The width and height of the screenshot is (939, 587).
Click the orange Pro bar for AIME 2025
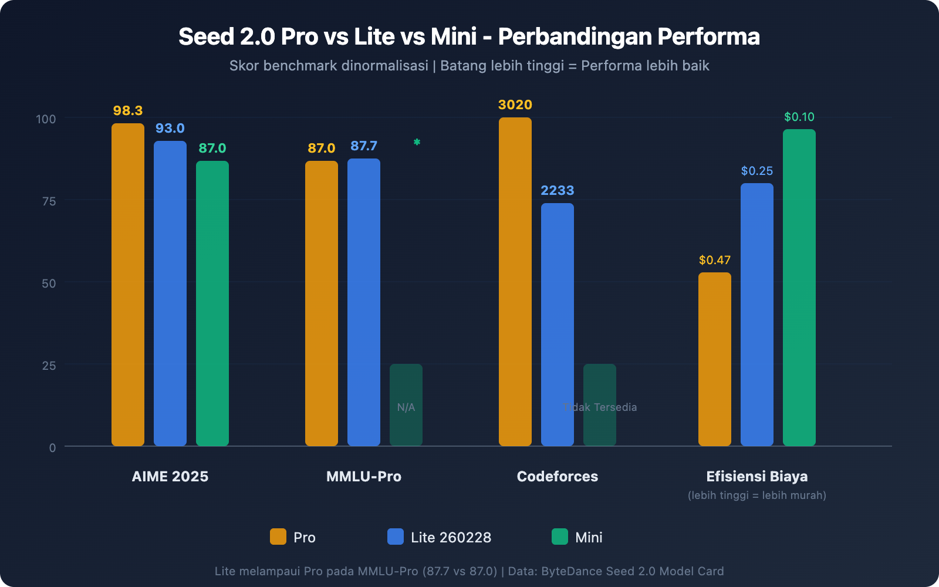coord(128,285)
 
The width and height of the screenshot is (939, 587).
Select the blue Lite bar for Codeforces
coord(558,324)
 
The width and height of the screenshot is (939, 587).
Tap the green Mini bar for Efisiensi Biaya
coord(799,288)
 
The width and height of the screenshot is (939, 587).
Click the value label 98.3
coord(128,110)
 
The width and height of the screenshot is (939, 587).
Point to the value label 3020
coord(515,104)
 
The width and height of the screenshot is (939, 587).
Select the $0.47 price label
coord(714,260)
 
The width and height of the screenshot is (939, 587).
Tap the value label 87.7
coord(363,146)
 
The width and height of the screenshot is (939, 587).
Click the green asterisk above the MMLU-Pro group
coord(417,142)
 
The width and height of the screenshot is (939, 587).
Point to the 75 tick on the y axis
coord(49,201)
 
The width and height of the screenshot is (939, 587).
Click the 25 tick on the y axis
coord(49,366)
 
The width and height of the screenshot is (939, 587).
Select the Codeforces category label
coord(557,476)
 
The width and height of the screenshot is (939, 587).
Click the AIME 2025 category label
coord(170,476)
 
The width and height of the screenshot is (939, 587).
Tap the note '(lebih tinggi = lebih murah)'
coord(756,495)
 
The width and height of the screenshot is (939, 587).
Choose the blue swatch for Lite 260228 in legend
coord(396,537)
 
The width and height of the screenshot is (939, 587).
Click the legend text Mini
coord(589,537)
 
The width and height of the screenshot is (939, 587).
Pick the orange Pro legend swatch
coord(278,537)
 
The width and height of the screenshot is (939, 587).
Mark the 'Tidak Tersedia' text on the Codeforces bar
coord(600,407)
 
